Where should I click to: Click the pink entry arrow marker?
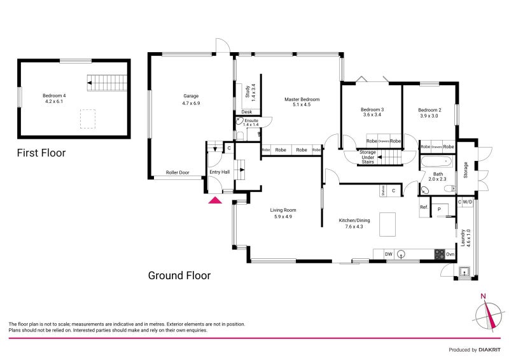pyautogui.click(x=215, y=201)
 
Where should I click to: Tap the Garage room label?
pyautogui.click(x=192, y=96)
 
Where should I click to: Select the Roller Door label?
pyautogui.click(x=178, y=172)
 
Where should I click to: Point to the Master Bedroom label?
pyautogui.click(x=302, y=100)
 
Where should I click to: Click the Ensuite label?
pyautogui.click(x=251, y=120)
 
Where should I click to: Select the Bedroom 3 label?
pyautogui.click(x=372, y=109)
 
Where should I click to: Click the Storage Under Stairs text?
pyautogui.click(x=368, y=157)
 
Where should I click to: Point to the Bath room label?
pyautogui.click(x=438, y=174)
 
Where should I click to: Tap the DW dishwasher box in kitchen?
pyautogui.click(x=389, y=254)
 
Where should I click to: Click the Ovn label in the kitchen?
pyautogui.click(x=450, y=254)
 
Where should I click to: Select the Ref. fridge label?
pyautogui.click(x=423, y=207)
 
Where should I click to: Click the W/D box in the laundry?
pyautogui.click(x=468, y=202)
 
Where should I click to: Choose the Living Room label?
pyautogui.click(x=282, y=210)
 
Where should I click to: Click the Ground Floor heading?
pyautogui.click(x=179, y=275)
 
